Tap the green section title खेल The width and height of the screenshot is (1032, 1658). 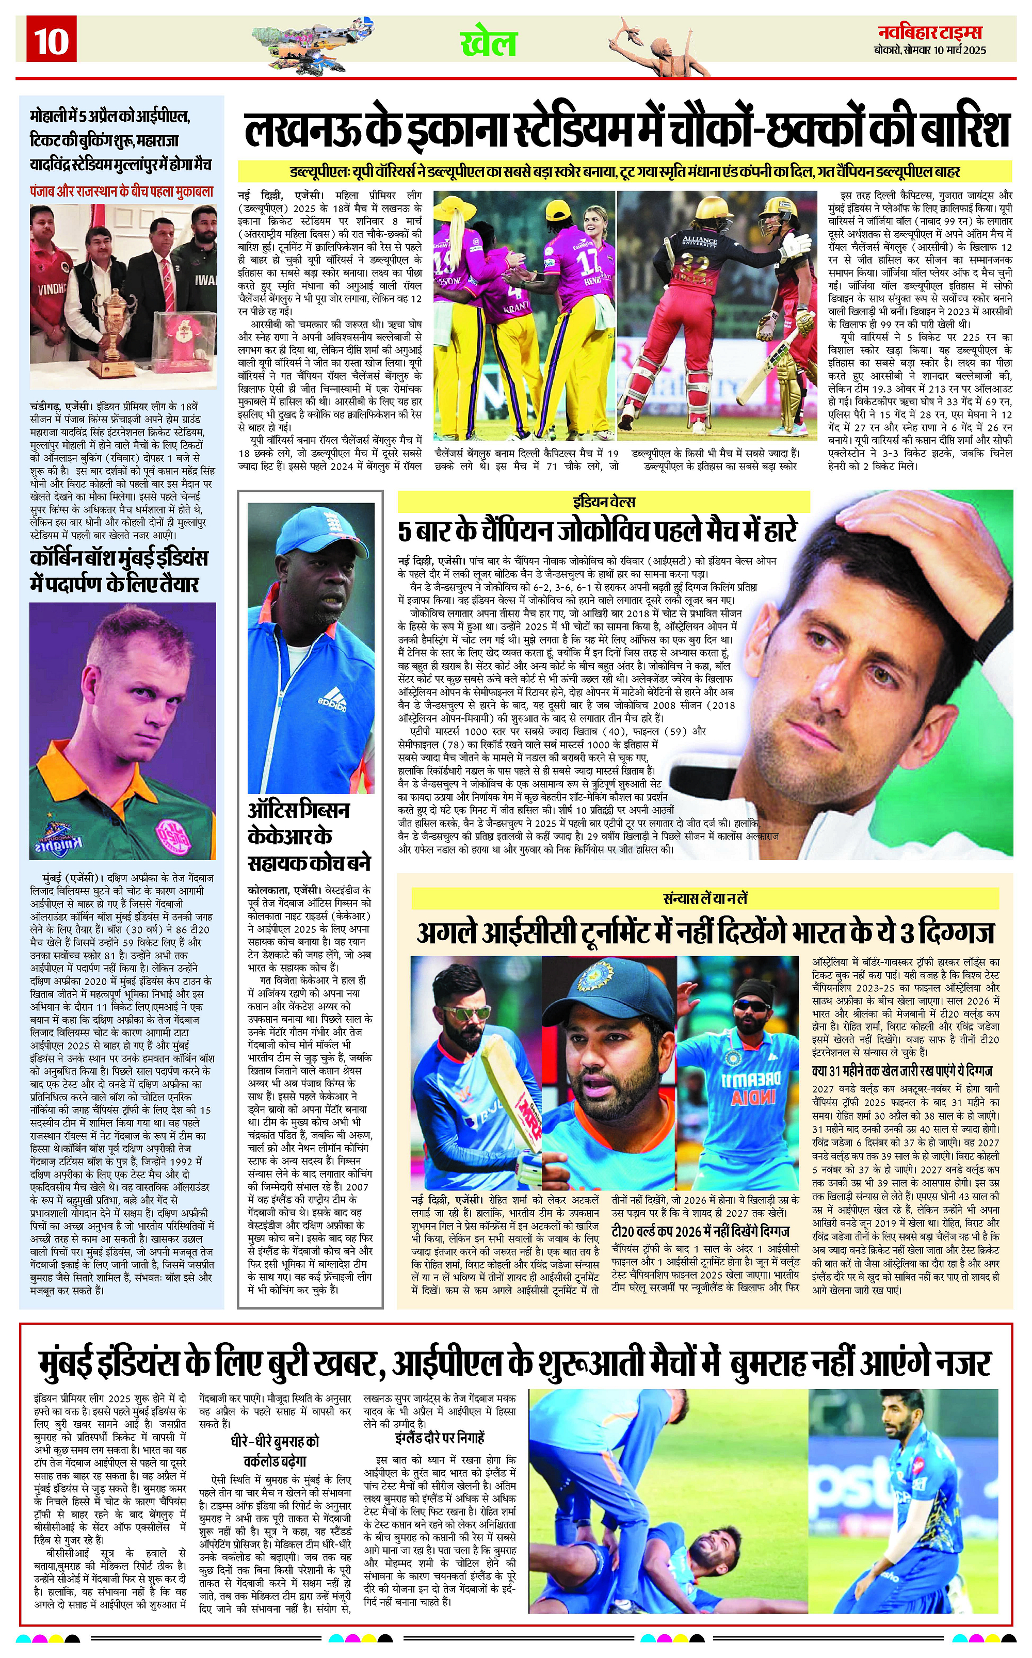pyautogui.click(x=488, y=43)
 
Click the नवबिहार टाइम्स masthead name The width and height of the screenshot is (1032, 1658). pyautogui.click(x=930, y=32)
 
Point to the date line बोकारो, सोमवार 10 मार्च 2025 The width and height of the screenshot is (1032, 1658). pyautogui.click(x=930, y=50)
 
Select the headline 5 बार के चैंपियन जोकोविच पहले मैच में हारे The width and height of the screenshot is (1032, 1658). pyautogui.click(x=597, y=532)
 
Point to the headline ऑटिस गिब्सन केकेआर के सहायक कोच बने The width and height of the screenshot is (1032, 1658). pyautogui.click(x=309, y=836)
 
